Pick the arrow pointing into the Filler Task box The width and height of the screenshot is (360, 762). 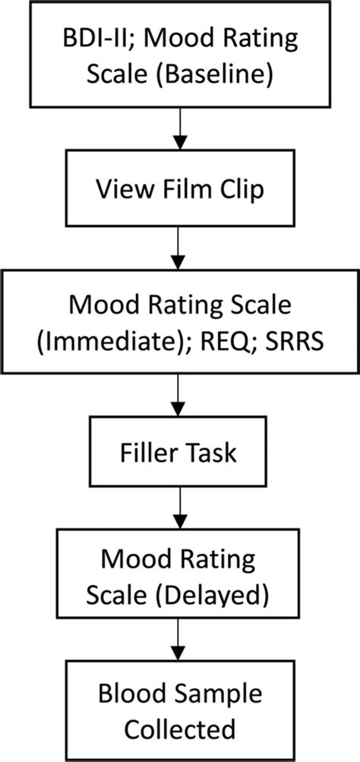pos(179,399)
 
